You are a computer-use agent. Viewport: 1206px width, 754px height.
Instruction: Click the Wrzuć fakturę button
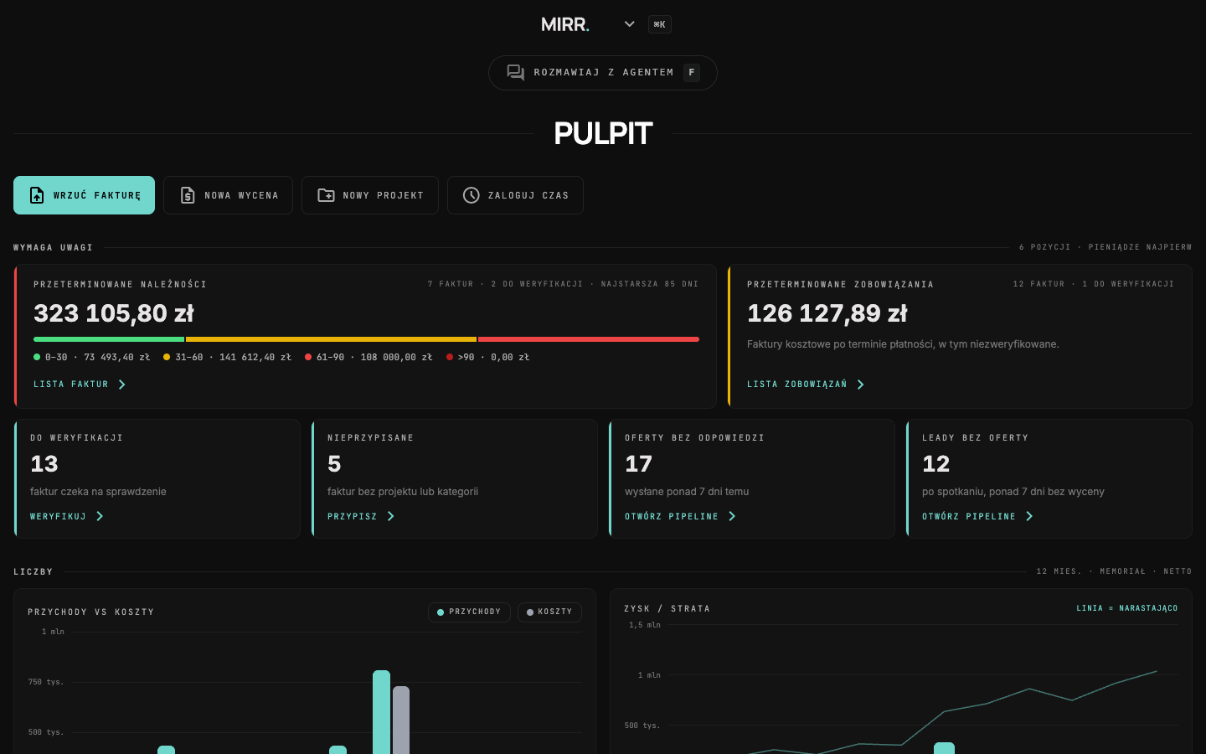[84, 195]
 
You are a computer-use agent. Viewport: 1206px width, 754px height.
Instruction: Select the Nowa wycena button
[229, 195]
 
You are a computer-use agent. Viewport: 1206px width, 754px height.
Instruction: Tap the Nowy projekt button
[370, 195]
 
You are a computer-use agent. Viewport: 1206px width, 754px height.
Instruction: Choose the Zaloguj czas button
[515, 195]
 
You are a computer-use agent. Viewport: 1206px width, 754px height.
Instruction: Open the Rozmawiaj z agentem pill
[602, 73]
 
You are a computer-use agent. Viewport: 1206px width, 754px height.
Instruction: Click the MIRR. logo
[564, 25]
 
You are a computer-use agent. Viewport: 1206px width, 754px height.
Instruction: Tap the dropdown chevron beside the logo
[629, 24]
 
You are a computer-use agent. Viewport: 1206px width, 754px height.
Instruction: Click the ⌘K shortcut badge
[660, 24]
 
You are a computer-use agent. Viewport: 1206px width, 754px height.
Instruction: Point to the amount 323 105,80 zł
[114, 313]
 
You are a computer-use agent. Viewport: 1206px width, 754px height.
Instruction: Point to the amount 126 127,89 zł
[827, 313]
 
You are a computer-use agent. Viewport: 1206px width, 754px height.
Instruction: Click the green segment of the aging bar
[109, 339]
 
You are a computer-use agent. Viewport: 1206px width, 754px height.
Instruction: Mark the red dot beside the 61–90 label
[308, 357]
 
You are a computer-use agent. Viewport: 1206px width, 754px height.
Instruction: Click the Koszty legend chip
[549, 612]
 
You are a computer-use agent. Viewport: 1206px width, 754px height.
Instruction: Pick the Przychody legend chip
[469, 612]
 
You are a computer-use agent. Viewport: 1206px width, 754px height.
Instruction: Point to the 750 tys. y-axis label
[46, 682]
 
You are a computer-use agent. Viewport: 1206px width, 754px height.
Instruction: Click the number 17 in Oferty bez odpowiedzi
[638, 464]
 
